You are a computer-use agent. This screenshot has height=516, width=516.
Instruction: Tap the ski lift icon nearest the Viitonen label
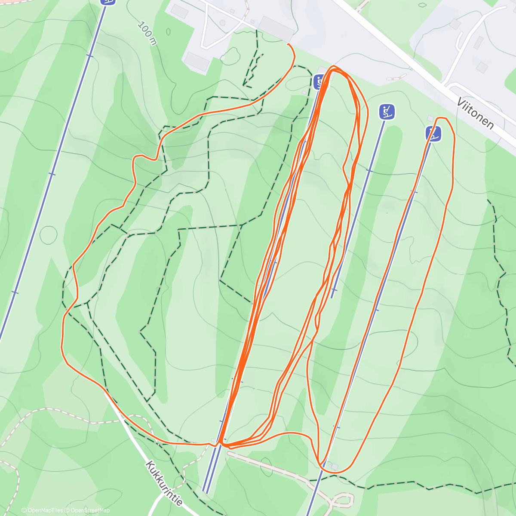click(x=433, y=133)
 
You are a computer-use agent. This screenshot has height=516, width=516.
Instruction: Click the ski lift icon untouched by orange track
click(x=387, y=112)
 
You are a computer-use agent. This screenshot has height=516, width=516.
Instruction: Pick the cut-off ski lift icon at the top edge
click(x=108, y=2)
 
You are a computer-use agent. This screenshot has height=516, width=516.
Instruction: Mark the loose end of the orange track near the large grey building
click(x=288, y=44)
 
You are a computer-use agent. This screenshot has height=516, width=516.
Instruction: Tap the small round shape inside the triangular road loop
click(x=222, y=23)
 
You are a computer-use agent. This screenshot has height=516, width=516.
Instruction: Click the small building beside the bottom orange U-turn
click(x=335, y=467)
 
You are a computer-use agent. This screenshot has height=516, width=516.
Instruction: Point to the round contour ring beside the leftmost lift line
click(x=48, y=234)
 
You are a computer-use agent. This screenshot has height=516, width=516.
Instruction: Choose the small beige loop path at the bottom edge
click(x=342, y=500)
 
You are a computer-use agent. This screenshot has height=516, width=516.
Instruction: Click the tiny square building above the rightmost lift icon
click(x=430, y=118)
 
